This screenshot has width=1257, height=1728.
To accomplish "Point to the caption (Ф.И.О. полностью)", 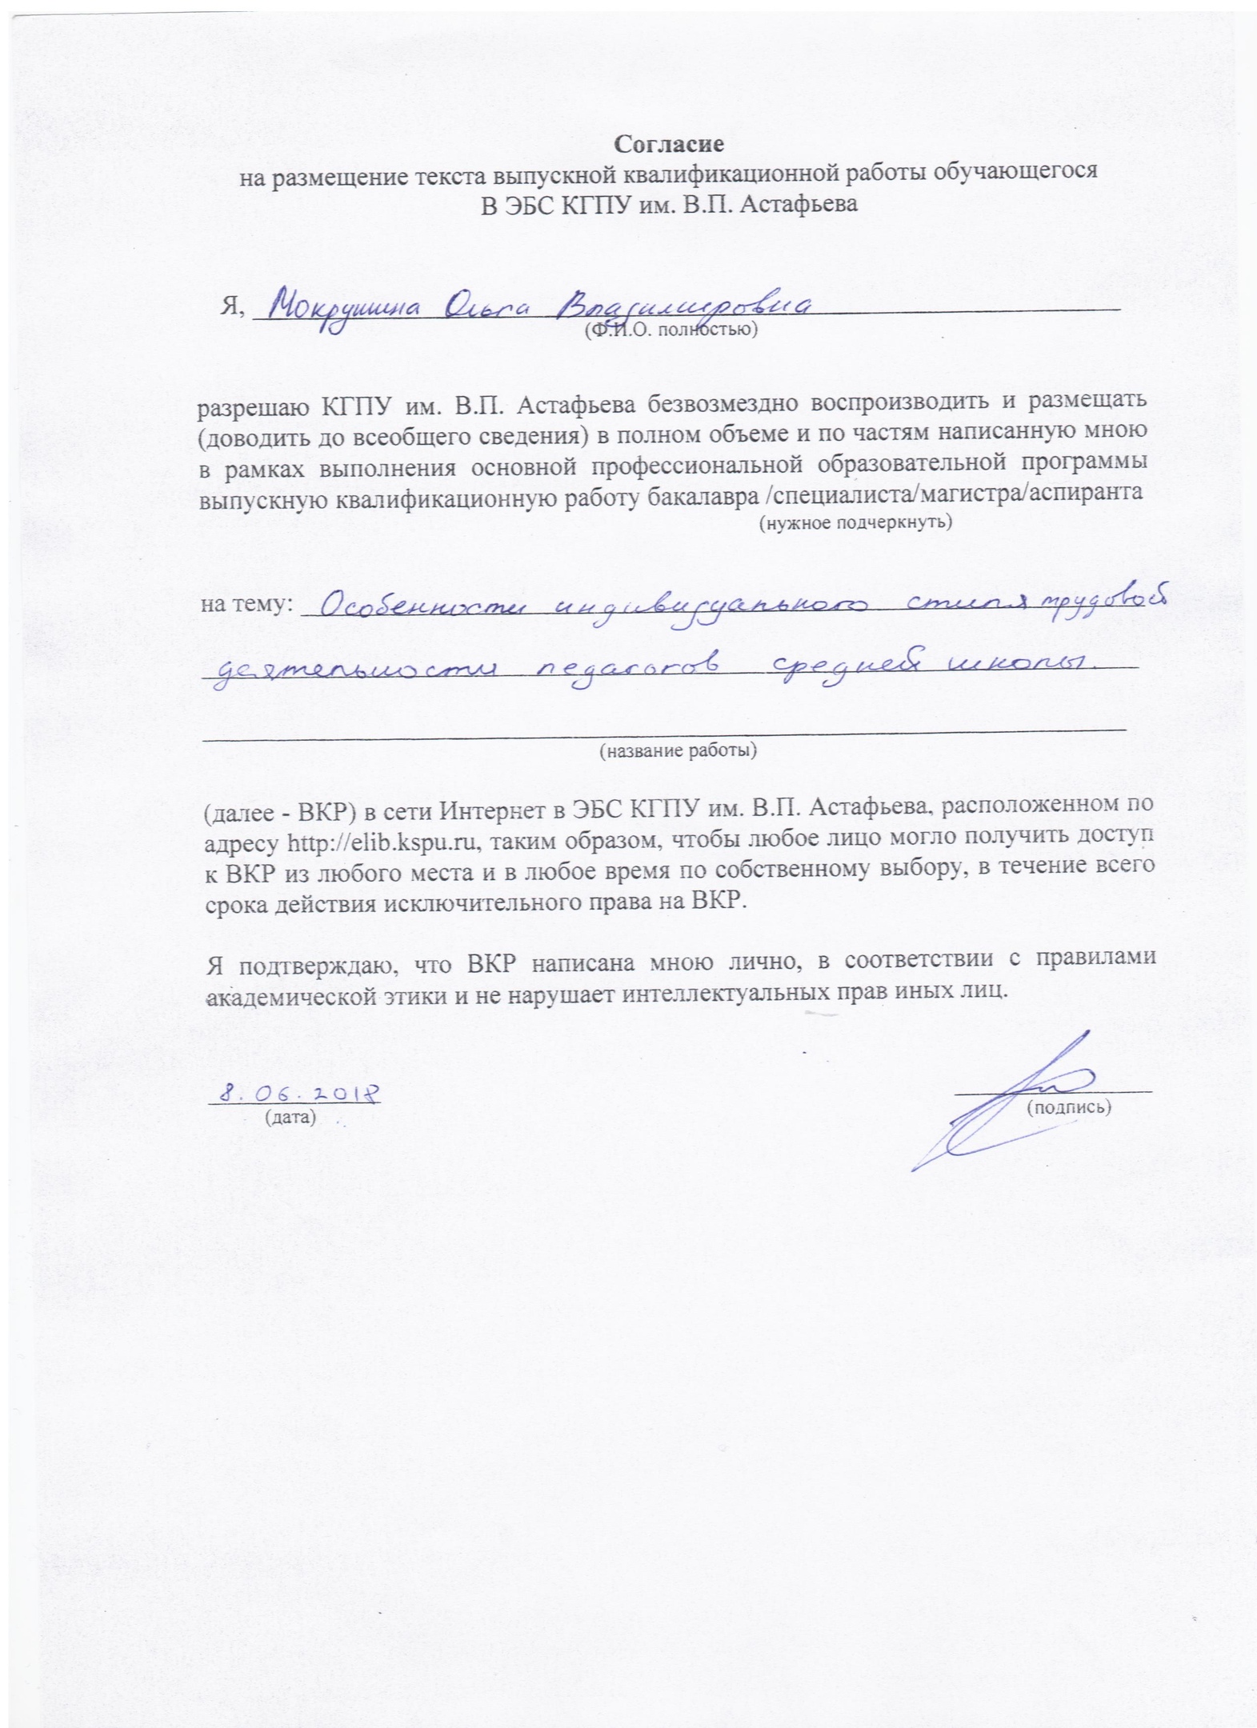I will coord(671,329).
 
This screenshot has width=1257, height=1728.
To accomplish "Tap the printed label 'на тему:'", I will coord(246,604).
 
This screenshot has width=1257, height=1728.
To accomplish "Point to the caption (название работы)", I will coord(679,750).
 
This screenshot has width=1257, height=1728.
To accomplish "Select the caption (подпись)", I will coord(1068,1107).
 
